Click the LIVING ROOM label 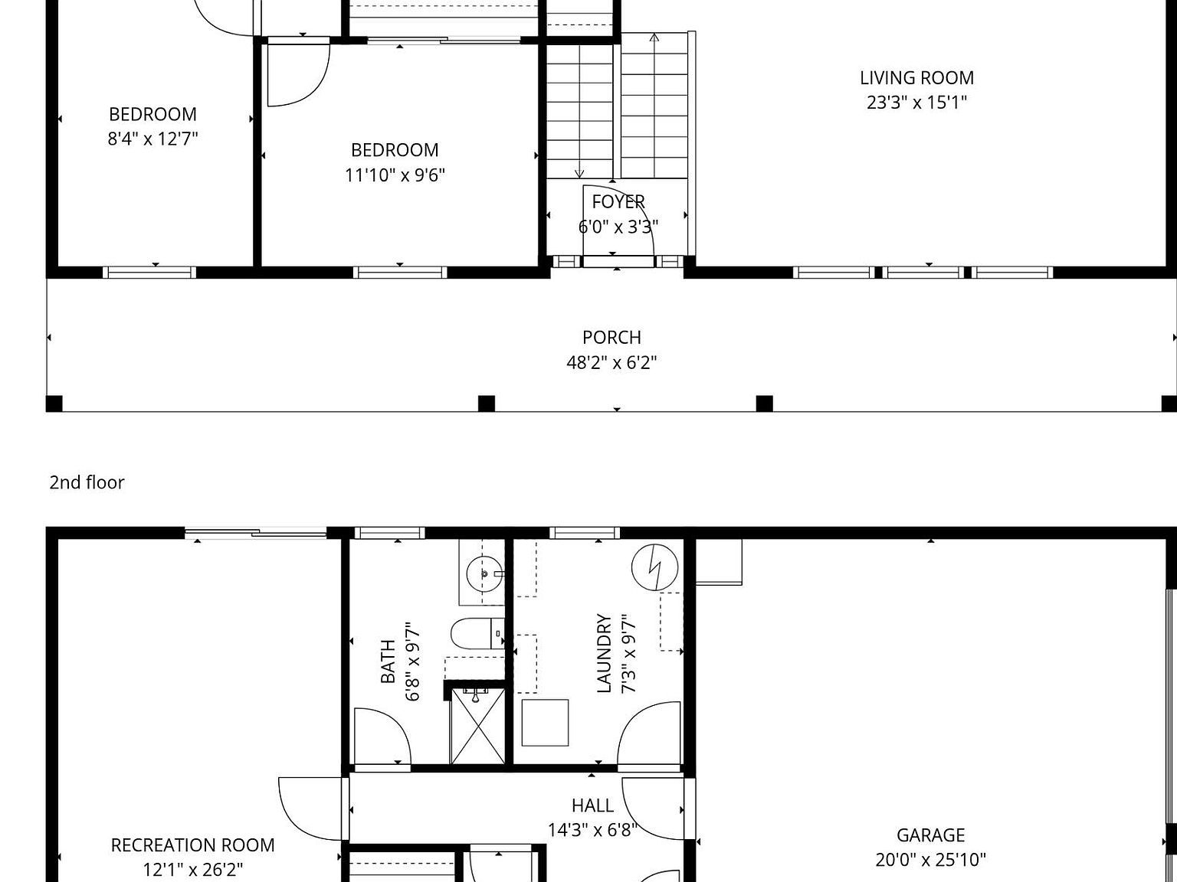(x=916, y=77)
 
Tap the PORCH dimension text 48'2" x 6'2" (x=611, y=362)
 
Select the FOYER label (x=618, y=201)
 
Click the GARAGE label (x=930, y=835)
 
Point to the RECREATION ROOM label (x=192, y=845)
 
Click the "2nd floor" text (x=87, y=482)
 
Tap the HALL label (x=592, y=805)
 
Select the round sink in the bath (x=484, y=571)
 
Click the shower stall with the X (x=477, y=726)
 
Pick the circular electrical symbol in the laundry (x=654, y=567)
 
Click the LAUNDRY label (x=605, y=653)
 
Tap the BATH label (x=389, y=661)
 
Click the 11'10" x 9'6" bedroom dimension (x=395, y=175)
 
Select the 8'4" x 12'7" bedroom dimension (x=152, y=139)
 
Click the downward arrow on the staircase (x=579, y=173)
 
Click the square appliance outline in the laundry (x=545, y=722)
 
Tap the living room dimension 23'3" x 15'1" (x=916, y=103)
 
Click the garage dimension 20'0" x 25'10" (x=930, y=860)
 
